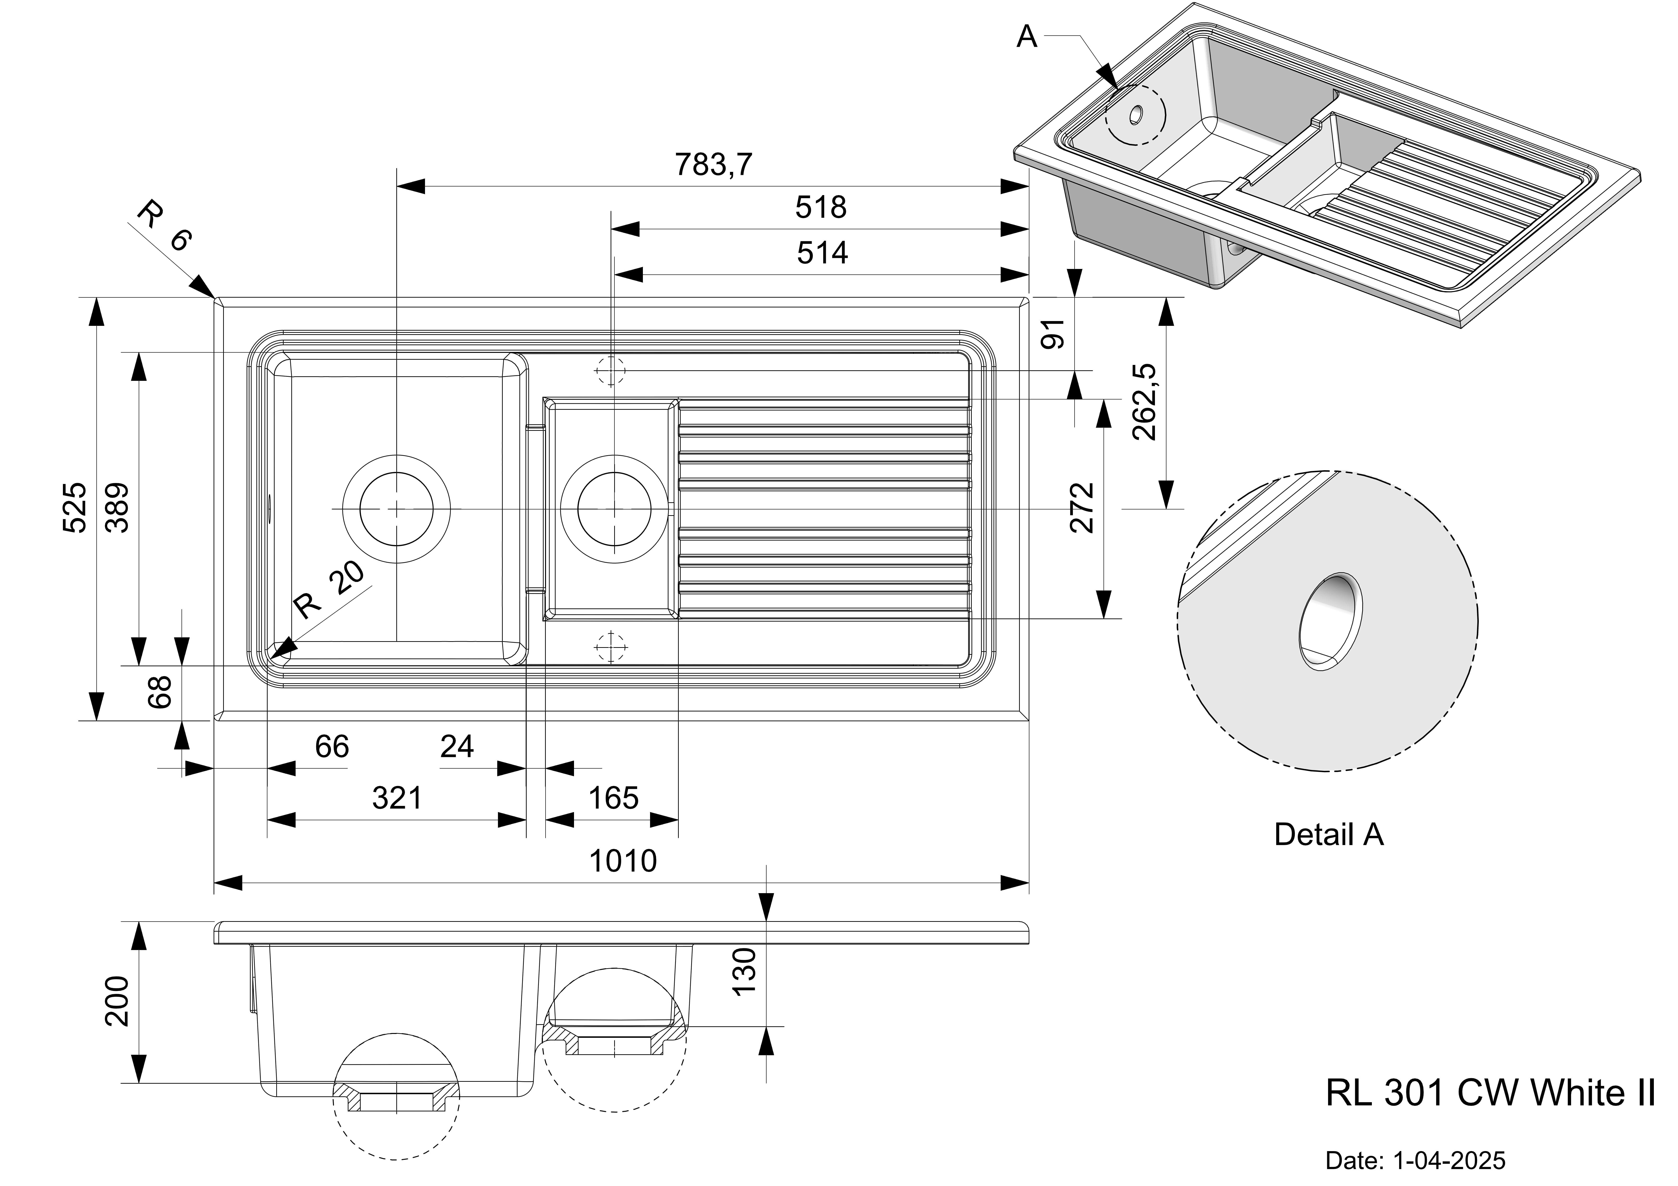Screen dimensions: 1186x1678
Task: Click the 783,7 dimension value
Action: (712, 165)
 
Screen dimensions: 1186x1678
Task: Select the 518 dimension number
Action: (821, 208)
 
